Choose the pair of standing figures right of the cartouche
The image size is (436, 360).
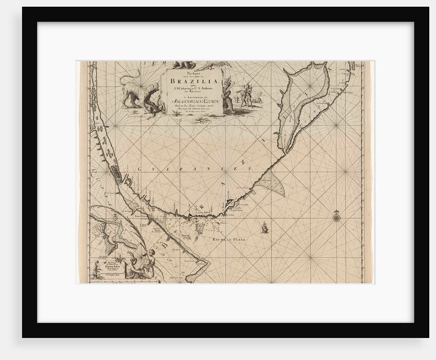coord(247,94)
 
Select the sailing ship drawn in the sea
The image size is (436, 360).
coord(264,227)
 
